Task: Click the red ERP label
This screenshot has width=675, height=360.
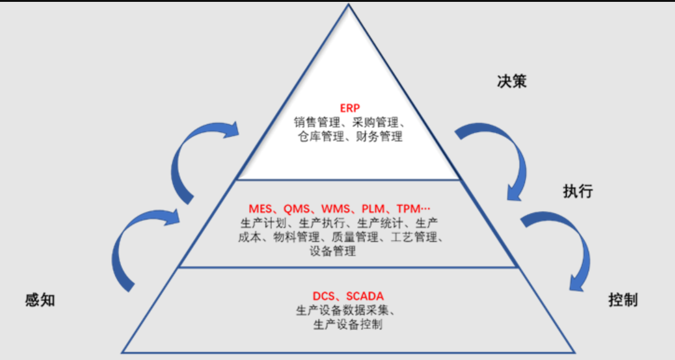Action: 350,107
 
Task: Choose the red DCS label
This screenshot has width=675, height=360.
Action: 324,296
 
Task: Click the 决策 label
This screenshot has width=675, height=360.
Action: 512,81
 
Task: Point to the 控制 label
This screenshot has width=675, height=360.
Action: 622,301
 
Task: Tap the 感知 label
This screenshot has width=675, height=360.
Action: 40,300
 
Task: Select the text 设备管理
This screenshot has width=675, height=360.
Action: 332,251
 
